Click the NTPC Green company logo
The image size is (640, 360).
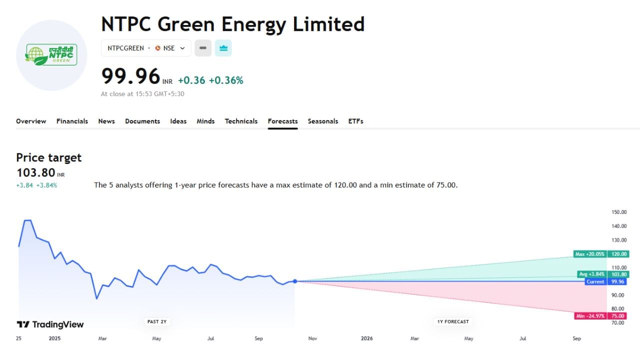pyautogui.click(x=51, y=55)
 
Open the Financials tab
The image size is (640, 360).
pyautogui.click(x=72, y=121)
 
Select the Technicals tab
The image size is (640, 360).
pyautogui.click(x=241, y=121)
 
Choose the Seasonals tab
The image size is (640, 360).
pyautogui.click(x=322, y=121)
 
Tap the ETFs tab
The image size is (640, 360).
pyautogui.click(x=355, y=121)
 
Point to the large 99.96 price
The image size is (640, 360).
pyautogui.click(x=130, y=76)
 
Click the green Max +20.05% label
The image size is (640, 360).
pyautogui.click(x=590, y=254)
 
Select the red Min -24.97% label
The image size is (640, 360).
pyautogui.click(x=590, y=316)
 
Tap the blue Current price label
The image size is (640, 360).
pyautogui.click(x=595, y=281)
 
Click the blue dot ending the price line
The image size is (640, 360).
pyautogui.click(x=295, y=281)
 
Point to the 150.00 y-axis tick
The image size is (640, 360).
pyautogui.click(x=619, y=212)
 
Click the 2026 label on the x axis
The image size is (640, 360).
pyautogui.click(x=366, y=338)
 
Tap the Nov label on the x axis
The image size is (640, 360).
pyautogui.click(x=312, y=338)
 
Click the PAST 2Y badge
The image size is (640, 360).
pyautogui.click(x=156, y=321)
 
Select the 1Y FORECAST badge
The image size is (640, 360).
pyautogui.click(x=453, y=321)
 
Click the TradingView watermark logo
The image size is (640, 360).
pyautogui.click(x=50, y=324)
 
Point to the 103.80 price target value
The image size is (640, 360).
pyautogui.click(x=35, y=173)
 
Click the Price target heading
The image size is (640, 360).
pyautogui.click(x=48, y=157)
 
